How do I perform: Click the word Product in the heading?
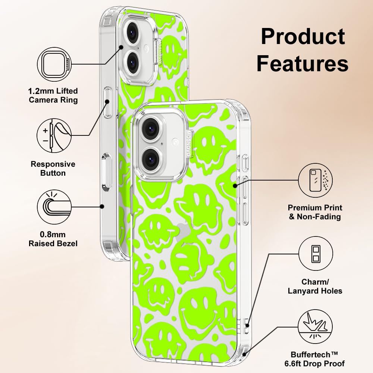tap(303, 37)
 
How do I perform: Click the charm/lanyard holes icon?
tap(315, 254)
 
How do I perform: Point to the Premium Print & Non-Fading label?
tap(315, 212)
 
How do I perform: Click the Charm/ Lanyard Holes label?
tap(315, 286)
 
